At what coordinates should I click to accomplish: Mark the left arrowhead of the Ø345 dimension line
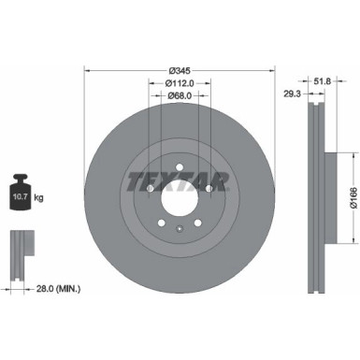pos(87,68)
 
